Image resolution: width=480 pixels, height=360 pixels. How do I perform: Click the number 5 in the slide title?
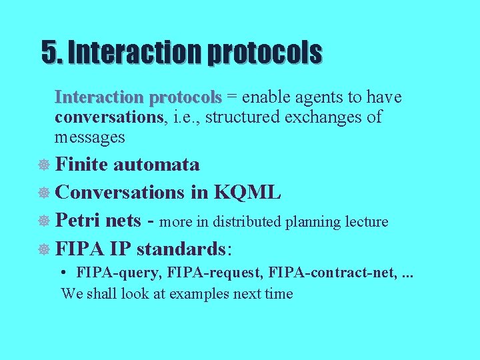click(48, 52)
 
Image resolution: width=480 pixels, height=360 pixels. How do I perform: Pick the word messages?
click(89, 137)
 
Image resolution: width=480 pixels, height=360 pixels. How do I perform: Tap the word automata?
click(156, 164)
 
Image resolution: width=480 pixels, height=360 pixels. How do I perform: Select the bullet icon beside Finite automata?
click(45, 165)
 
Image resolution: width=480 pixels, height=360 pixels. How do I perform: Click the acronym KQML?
click(247, 193)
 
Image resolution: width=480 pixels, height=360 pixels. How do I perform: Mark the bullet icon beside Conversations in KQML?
click(45, 193)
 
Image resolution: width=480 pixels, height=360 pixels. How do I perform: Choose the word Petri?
click(79, 221)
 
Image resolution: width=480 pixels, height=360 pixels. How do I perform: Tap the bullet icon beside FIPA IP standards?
click(45, 250)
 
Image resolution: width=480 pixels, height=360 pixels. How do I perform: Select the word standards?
click(181, 249)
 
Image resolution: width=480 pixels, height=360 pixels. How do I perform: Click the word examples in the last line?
click(195, 293)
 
